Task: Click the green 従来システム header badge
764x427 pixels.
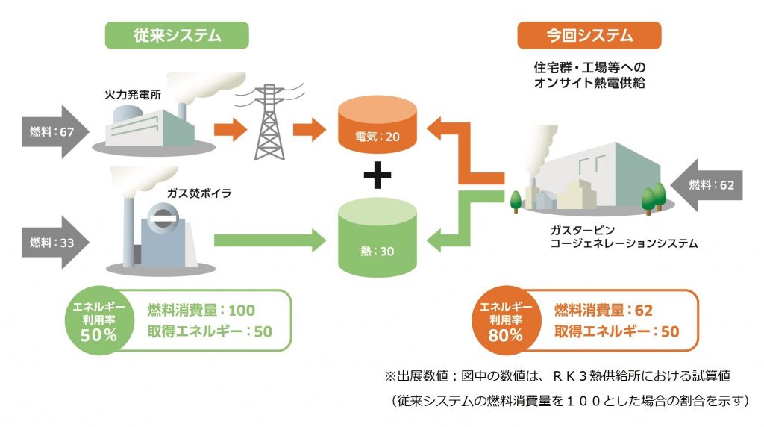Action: tap(177, 35)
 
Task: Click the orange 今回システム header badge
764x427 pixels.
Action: tap(589, 35)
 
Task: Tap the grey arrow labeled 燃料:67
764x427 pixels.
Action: tap(55, 131)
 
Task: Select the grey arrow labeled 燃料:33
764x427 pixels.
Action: tap(55, 243)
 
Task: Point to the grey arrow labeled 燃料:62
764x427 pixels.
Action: tap(707, 184)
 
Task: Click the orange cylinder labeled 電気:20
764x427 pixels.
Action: tap(378, 125)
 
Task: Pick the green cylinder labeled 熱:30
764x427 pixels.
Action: tap(378, 237)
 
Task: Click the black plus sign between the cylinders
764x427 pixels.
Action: tap(378, 175)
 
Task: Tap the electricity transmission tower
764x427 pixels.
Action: tap(269, 122)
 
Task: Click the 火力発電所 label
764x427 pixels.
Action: tap(133, 94)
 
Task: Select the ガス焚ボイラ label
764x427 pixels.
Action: tap(198, 193)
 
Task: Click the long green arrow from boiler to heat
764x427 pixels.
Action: tap(270, 240)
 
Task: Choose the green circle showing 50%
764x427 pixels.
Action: tap(99, 320)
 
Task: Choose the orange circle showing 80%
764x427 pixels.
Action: tap(507, 320)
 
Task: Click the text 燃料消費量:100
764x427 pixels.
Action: tap(201, 310)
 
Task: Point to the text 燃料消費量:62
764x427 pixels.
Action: tap(603, 310)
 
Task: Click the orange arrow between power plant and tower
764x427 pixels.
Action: tap(231, 130)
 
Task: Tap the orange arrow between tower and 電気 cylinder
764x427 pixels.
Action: tap(310, 130)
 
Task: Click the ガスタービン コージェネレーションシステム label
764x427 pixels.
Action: tap(624, 237)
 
